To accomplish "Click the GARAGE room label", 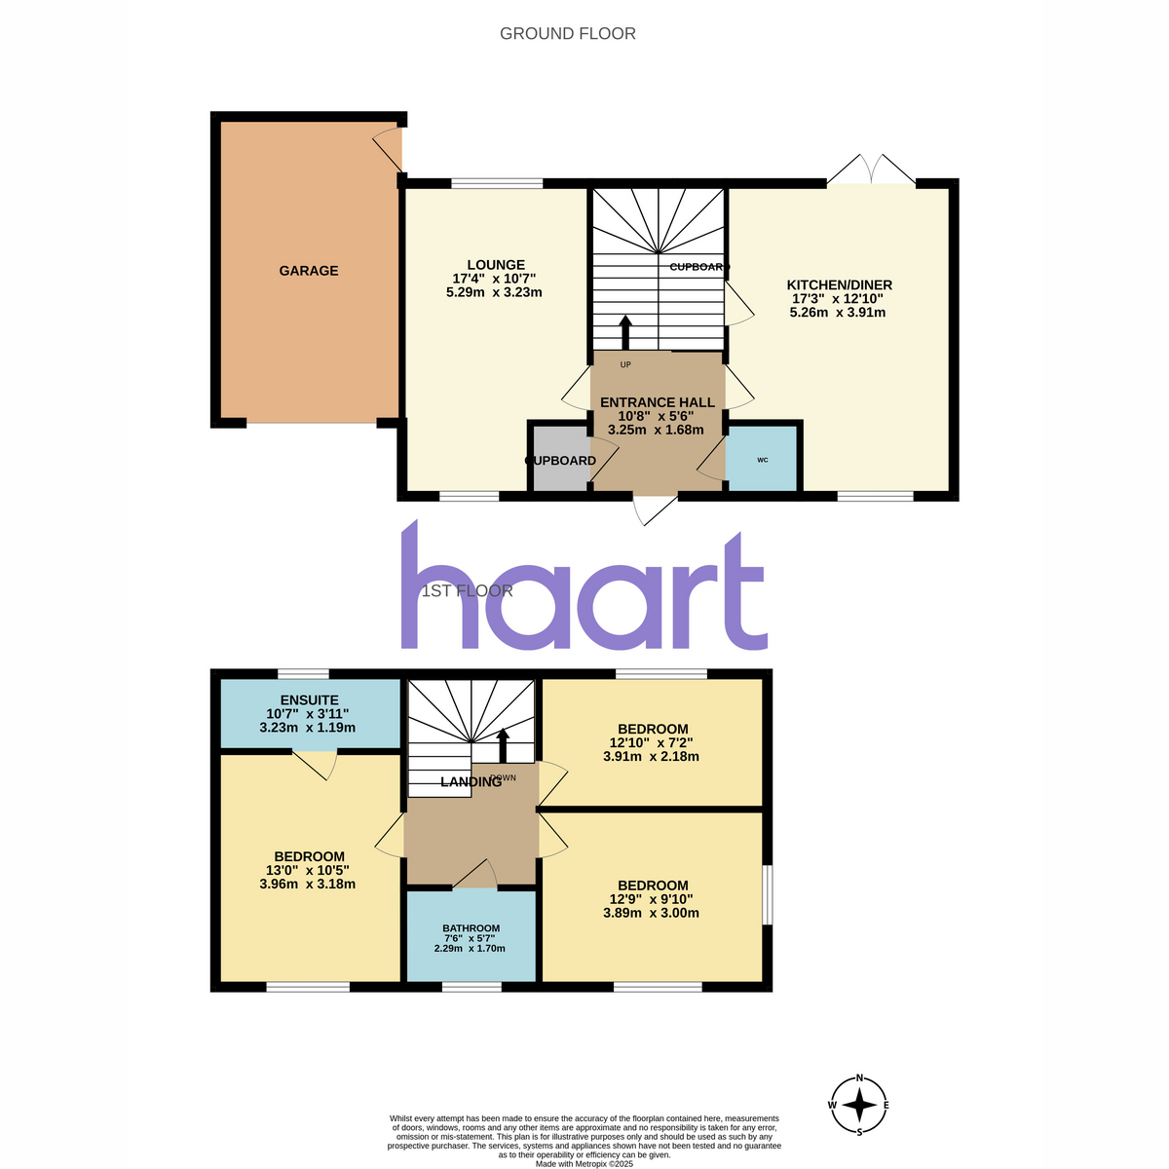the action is pos(308,271).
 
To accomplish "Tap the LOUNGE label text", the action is pos(496,265).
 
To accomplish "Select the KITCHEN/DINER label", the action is pos(839,284).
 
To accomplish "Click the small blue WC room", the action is pos(762,459).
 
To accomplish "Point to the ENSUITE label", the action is pos(310,700).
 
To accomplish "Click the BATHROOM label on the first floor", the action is pos(471,928).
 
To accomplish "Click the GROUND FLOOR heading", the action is pos(567,34).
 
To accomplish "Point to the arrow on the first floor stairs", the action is pos(503,745).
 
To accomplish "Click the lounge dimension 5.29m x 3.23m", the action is pos(494,292).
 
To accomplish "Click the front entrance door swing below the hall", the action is pos(655,509).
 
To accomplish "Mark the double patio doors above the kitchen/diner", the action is pos(871,169).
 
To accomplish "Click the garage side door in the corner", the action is pos(387,149).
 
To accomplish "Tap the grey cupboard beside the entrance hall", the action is pos(560,458).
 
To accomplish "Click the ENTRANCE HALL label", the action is pos(657,402).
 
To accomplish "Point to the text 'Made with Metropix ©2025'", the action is pos(584,1164).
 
